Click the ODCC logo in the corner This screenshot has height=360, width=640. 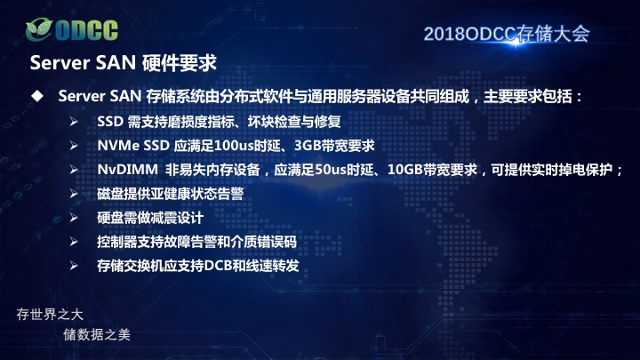[72, 29]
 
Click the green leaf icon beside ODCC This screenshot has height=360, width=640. [39, 29]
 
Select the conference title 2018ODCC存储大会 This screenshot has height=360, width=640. [507, 34]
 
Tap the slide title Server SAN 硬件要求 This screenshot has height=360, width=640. [123, 63]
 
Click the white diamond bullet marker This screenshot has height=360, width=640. [37, 96]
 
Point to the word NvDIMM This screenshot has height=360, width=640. [127, 170]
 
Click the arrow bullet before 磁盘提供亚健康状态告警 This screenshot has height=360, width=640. [74, 194]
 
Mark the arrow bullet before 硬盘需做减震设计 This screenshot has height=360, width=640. [74, 218]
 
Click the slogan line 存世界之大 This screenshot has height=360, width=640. [50, 315]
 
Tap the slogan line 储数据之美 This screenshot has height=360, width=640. [97, 335]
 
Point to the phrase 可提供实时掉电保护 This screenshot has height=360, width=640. [551, 170]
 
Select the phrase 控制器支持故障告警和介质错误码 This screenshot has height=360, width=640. [196, 242]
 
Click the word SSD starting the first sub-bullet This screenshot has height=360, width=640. [110, 122]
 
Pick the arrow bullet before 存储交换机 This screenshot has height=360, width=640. [74, 266]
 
